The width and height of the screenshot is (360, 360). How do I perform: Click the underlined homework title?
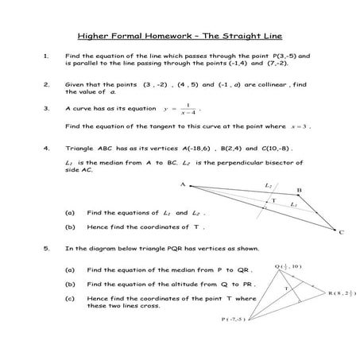[180, 36]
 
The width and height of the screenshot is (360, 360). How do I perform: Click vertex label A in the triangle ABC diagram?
[182, 184]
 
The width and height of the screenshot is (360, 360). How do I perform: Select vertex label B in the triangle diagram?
[299, 191]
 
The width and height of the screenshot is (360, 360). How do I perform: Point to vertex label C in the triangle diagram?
[341, 233]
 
